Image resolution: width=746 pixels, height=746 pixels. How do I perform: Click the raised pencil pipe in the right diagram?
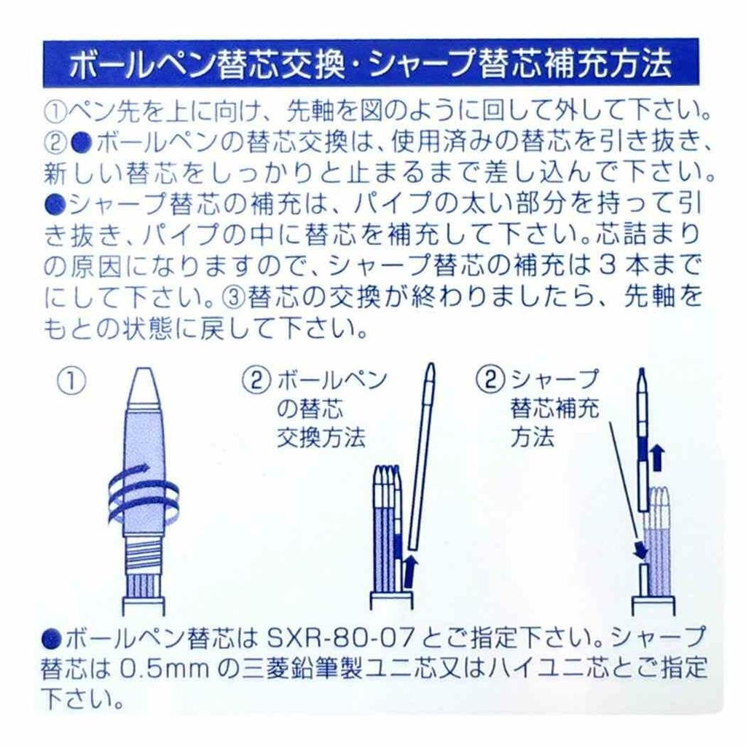click(643, 437)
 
